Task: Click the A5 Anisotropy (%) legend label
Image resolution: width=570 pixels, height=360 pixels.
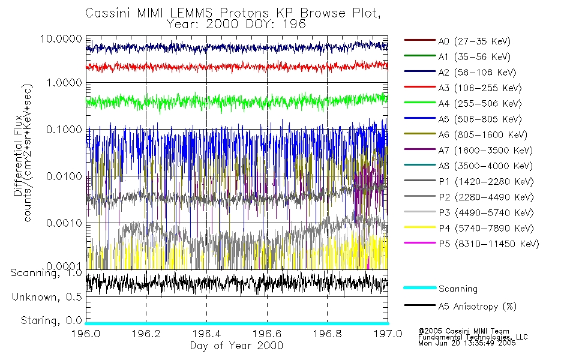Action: point(478,307)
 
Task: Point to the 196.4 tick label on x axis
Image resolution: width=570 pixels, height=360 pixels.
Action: point(206,333)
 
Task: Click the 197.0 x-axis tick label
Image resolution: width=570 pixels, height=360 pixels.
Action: point(386,333)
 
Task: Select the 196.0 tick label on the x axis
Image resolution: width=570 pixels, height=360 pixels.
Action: point(86,333)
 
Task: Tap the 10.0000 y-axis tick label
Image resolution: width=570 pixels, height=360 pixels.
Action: point(62,38)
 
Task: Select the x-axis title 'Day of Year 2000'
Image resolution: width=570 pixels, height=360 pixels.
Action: point(236,346)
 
